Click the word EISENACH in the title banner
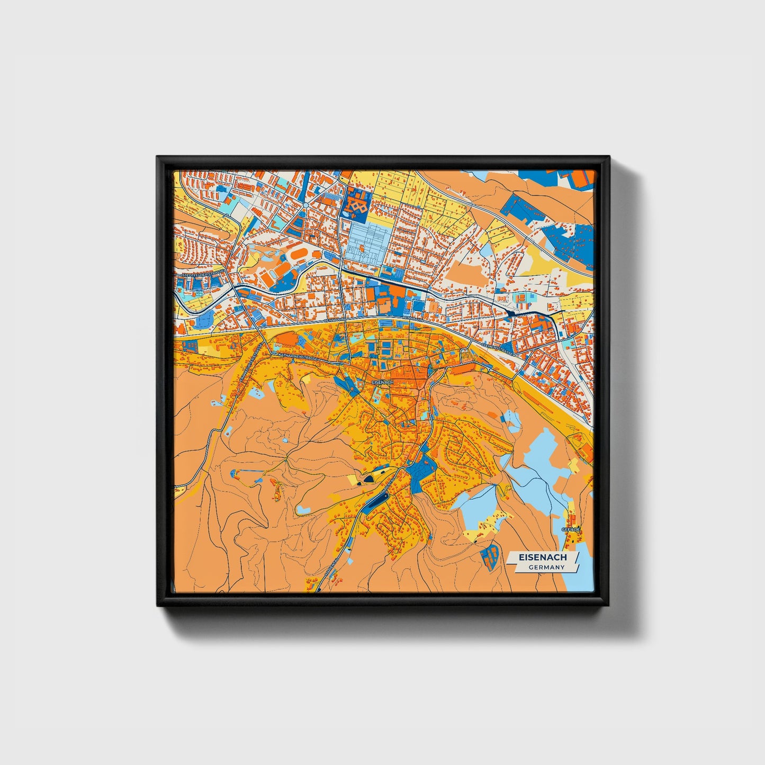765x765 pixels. [x=542, y=557]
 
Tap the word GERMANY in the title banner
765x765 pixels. [x=546, y=567]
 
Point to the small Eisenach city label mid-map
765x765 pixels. [x=382, y=382]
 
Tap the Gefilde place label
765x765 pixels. [x=571, y=529]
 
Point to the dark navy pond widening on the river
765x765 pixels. [x=512, y=313]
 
